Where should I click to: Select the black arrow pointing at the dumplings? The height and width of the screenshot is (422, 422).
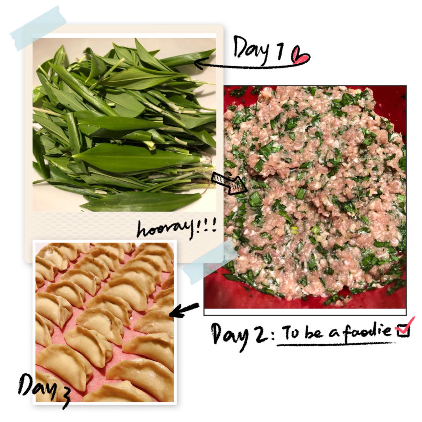184,310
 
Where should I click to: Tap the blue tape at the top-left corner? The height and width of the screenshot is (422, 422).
38,28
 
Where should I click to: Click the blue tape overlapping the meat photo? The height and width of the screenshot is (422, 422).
209,261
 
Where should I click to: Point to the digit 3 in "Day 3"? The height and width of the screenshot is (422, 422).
64,397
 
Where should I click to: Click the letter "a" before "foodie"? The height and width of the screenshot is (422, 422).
334,333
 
